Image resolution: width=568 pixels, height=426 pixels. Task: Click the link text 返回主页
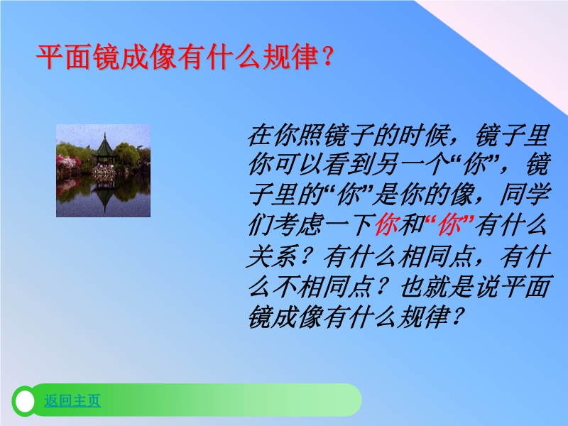pyautogui.click(x=72, y=400)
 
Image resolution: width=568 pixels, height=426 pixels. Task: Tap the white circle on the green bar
pyautogui.click(x=25, y=401)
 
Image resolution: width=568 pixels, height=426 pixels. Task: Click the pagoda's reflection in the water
pyautogui.click(x=104, y=197)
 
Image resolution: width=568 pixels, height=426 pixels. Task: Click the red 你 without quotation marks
pyautogui.click(x=387, y=225)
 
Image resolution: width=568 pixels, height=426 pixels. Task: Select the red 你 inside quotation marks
pyautogui.click(x=449, y=225)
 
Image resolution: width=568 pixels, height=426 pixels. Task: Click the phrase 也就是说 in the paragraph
pyautogui.click(x=451, y=286)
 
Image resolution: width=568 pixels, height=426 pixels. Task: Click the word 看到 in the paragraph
pyautogui.click(x=349, y=165)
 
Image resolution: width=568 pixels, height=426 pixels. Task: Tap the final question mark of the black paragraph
pyautogui.click(x=457, y=317)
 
